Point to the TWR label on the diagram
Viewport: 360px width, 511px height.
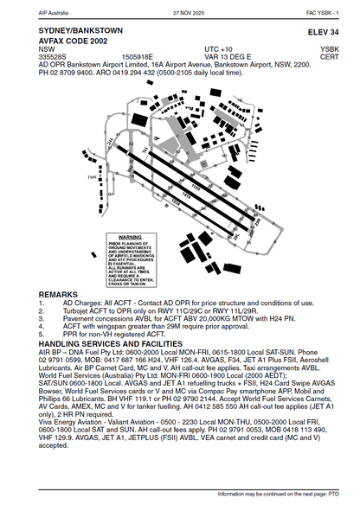click(x=92, y=179)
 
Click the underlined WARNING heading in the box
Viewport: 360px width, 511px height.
click(x=130, y=236)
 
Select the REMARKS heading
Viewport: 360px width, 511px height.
click(x=59, y=294)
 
